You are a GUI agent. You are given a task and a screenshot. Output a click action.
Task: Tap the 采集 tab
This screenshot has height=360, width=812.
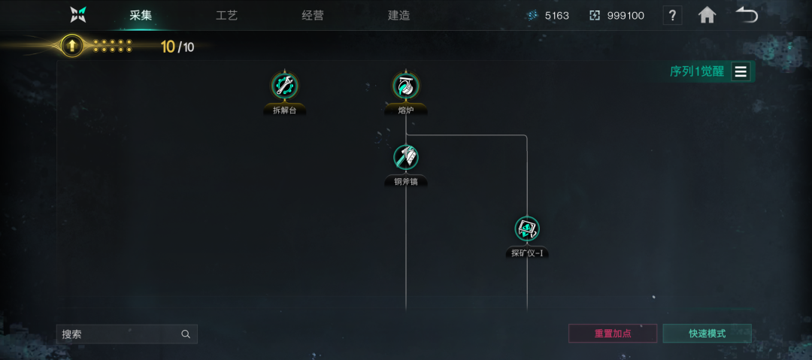(141, 16)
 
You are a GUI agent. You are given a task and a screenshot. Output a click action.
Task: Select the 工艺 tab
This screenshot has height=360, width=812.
(226, 16)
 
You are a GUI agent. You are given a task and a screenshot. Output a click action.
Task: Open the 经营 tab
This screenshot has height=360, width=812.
(313, 16)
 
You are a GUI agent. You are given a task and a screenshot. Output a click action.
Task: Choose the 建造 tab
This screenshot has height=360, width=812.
(398, 16)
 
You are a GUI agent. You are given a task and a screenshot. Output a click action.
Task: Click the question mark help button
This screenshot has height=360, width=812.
(672, 16)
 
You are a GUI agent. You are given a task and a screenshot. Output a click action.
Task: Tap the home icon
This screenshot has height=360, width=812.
(707, 16)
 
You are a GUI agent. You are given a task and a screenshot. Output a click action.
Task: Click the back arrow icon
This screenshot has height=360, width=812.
(747, 16)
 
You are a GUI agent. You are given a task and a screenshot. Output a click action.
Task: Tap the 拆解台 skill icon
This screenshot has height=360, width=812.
(284, 85)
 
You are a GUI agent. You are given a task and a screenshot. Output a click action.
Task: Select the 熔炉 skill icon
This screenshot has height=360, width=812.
(406, 85)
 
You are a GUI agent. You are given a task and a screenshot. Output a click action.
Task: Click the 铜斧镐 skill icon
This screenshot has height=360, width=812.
(406, 157)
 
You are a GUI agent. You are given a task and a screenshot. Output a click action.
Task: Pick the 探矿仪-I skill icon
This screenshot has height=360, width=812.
(527, 229)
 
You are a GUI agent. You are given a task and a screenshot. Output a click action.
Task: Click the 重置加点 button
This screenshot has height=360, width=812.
(613, 334)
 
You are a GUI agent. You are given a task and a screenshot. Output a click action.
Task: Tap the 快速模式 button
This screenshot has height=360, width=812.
(707, 334)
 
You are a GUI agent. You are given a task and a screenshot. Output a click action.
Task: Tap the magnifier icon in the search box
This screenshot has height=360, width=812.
(186, 334)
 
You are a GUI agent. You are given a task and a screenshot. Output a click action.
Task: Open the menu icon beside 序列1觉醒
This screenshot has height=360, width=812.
(741, 71)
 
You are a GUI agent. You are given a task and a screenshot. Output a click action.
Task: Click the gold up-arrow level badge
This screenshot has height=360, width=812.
(72, 46)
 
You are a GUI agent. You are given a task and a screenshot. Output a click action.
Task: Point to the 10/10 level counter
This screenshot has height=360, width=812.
(177, 47)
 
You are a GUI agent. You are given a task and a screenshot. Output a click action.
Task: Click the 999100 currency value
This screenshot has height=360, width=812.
(626, 16)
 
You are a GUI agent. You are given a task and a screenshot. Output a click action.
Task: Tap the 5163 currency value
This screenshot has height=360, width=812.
(556, 16)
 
